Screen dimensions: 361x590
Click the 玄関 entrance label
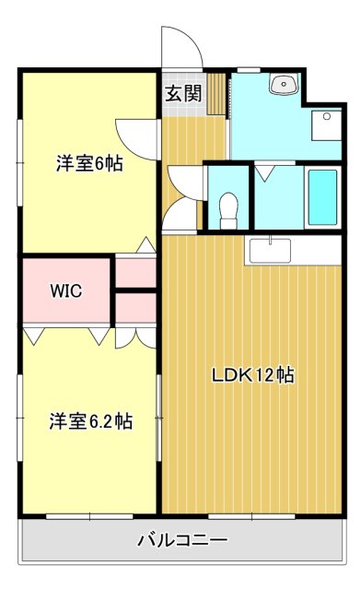tap(184, 93)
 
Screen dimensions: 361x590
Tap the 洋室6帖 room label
tap(89, 164)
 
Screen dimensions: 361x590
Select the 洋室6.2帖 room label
tap(90, 421)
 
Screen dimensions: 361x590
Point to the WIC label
tap(66, 290)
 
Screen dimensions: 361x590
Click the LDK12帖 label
tap(253, 375)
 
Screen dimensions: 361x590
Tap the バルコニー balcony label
tap(182, 540)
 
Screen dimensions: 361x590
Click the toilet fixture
tap(228, 210)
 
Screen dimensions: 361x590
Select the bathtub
tap(322, 196)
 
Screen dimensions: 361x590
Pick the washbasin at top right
tap(284, 84)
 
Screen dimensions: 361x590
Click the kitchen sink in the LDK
tap(270, 251)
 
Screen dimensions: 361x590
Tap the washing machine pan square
tap(326, 125)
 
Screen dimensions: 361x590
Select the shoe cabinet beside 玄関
tap(215, 94)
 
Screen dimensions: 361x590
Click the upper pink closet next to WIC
tap(135, 273)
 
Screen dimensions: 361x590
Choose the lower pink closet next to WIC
tap(135, 308)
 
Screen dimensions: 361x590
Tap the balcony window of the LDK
tap(251, 517)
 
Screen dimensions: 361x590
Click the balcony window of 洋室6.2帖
tap(89, 517)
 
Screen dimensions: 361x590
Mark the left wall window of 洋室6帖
tap(20, 162)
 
